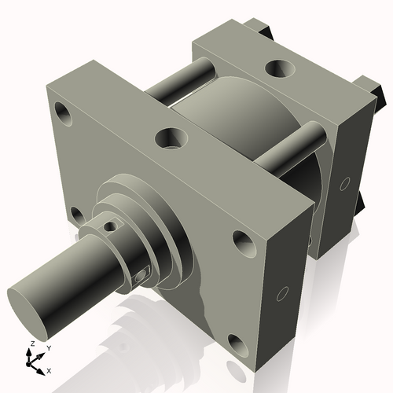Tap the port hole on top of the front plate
pyautogui.click(x=171, y=138)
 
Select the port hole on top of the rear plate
pyautogui.click(x=279, y=69)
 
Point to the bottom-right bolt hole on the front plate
pyautogui.click(x=236, y=343)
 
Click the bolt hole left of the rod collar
pyautogui.click(x=75, y=214)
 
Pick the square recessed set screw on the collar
pyautogui.click(x=141, y=274)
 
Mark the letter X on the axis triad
pyautogui.click(x=50, y=369)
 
